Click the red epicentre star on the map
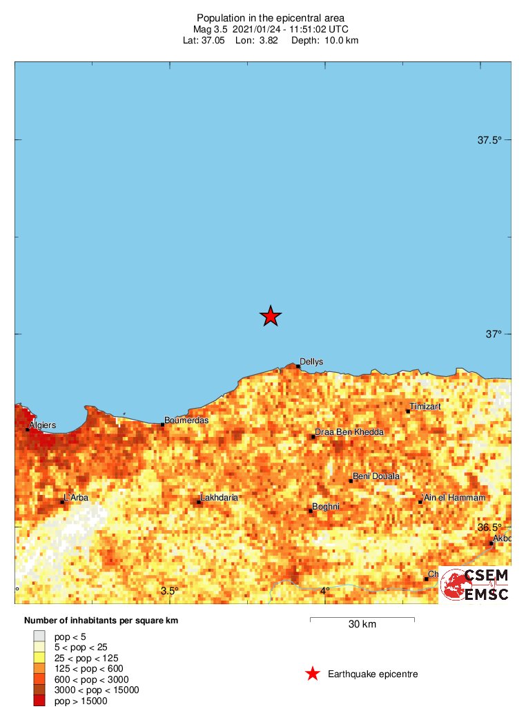click(x=271, y=316)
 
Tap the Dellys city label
click(x=311, y=362)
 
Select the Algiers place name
click(x=43, y=425)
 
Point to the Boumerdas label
click(x=186, y=420)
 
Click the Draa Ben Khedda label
click(x=349, y=433)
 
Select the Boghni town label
click(x=326, y=507)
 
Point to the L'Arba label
click(x=76, y=498)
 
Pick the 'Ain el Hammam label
click(x=454, y=498)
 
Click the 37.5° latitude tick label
click(x=490, y=141)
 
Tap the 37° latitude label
click(x=493, y=334)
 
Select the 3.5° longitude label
click(x=170, y=591)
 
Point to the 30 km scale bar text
click(x=362, y=625)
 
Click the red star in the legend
click(x=313, y=674)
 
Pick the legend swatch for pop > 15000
click(x=39, y=701)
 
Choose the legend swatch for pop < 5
click(x=39, y=636)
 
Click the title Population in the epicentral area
click(x=271, y=18)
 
